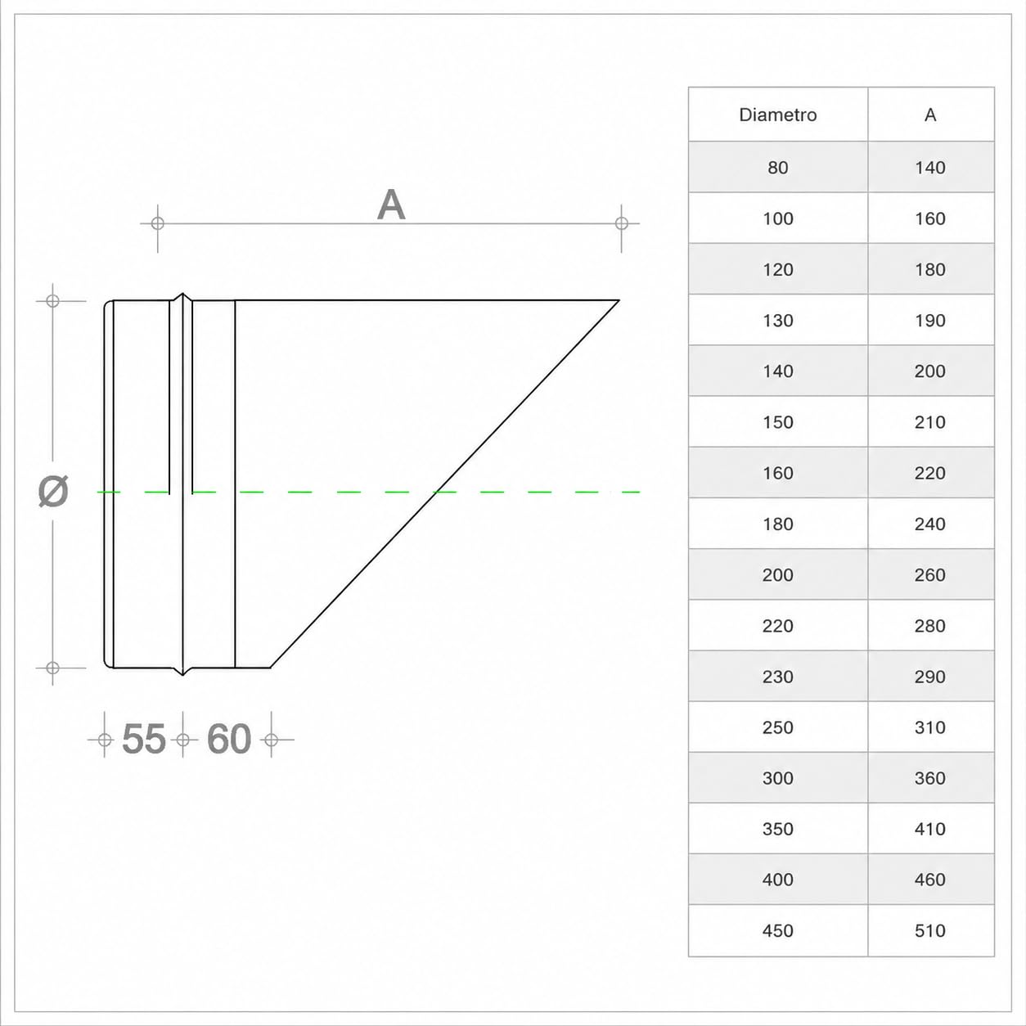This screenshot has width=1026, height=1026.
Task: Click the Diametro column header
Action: click(777, 115)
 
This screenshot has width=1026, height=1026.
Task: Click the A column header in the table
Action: click(930, 115)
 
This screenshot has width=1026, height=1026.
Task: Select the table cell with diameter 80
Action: click(777, 168)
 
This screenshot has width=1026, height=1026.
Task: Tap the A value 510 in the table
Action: click(930, 930)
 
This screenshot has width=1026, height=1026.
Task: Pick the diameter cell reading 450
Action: click(777, 930)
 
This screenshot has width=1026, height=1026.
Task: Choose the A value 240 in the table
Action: click(930, 524)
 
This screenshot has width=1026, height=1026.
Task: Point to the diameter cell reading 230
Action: click(777, 677)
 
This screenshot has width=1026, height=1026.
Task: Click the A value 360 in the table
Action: click(930, 778)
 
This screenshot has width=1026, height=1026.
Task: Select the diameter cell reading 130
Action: click(777, 321)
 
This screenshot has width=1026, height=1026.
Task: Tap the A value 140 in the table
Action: click(930, 168)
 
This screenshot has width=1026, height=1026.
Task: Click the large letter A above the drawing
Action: click(391, 205)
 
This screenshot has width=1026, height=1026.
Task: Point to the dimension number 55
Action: click(144, 739)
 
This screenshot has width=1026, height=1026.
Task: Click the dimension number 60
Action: click(228, 739)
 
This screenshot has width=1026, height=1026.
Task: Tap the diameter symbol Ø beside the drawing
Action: click(53, 491)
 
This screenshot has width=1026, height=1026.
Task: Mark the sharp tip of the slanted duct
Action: click(619, 301)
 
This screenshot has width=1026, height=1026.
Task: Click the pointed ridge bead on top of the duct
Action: click(182, 295)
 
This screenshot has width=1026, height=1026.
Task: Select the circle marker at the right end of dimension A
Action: click(621, 223)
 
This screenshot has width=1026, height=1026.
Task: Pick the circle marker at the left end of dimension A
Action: click(158, 223)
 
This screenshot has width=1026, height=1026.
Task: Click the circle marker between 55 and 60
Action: click(183, 740)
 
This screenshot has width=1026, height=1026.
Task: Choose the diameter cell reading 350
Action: click(777, 829)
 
